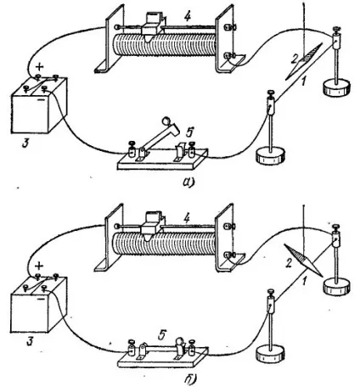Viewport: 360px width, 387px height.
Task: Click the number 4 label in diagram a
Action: [187, 17]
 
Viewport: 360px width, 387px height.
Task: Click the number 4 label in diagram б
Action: [187, 218]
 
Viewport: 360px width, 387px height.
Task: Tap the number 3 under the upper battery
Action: [25, 143]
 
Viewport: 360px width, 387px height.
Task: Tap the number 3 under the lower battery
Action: [30, 340]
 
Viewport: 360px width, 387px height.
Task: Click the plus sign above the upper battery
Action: [40, 67]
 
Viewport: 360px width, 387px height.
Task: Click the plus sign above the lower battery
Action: [39, 266]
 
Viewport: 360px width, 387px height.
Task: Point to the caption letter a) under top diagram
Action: [188, 182]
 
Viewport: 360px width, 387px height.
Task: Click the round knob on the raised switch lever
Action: [166, 121]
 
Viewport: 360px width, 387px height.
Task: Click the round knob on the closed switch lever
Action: [179, 341]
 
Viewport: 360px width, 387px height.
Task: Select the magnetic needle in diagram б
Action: [303, 260]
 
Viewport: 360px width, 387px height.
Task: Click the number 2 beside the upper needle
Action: [295, 59]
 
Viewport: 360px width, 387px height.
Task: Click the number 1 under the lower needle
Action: [305, 281]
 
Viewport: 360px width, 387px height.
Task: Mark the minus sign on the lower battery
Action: [42, 299]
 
